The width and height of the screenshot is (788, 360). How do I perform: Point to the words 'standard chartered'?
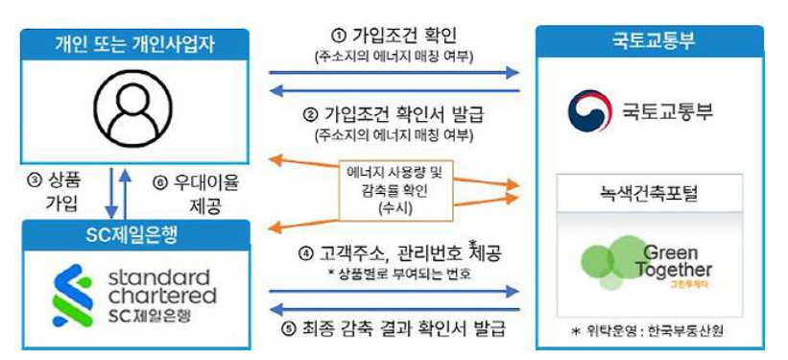(x=161, y=285)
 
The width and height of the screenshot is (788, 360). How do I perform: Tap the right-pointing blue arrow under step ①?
(x=394, y=73)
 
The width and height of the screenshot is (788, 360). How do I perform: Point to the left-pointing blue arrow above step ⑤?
(x=394, y=310)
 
